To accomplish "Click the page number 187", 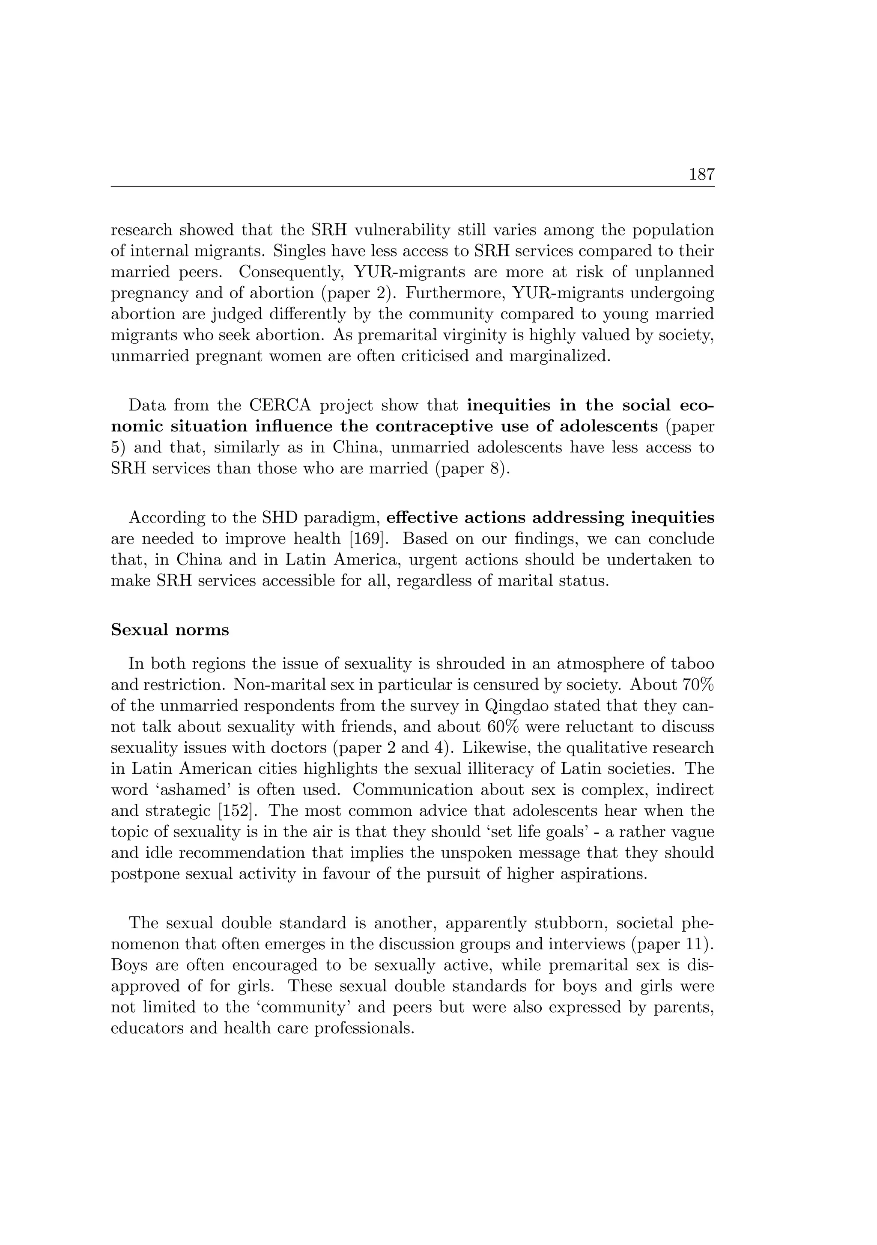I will pyautogui.click(x=701, y=175).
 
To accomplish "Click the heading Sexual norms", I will pyautogui.click(x=170, y=630).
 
